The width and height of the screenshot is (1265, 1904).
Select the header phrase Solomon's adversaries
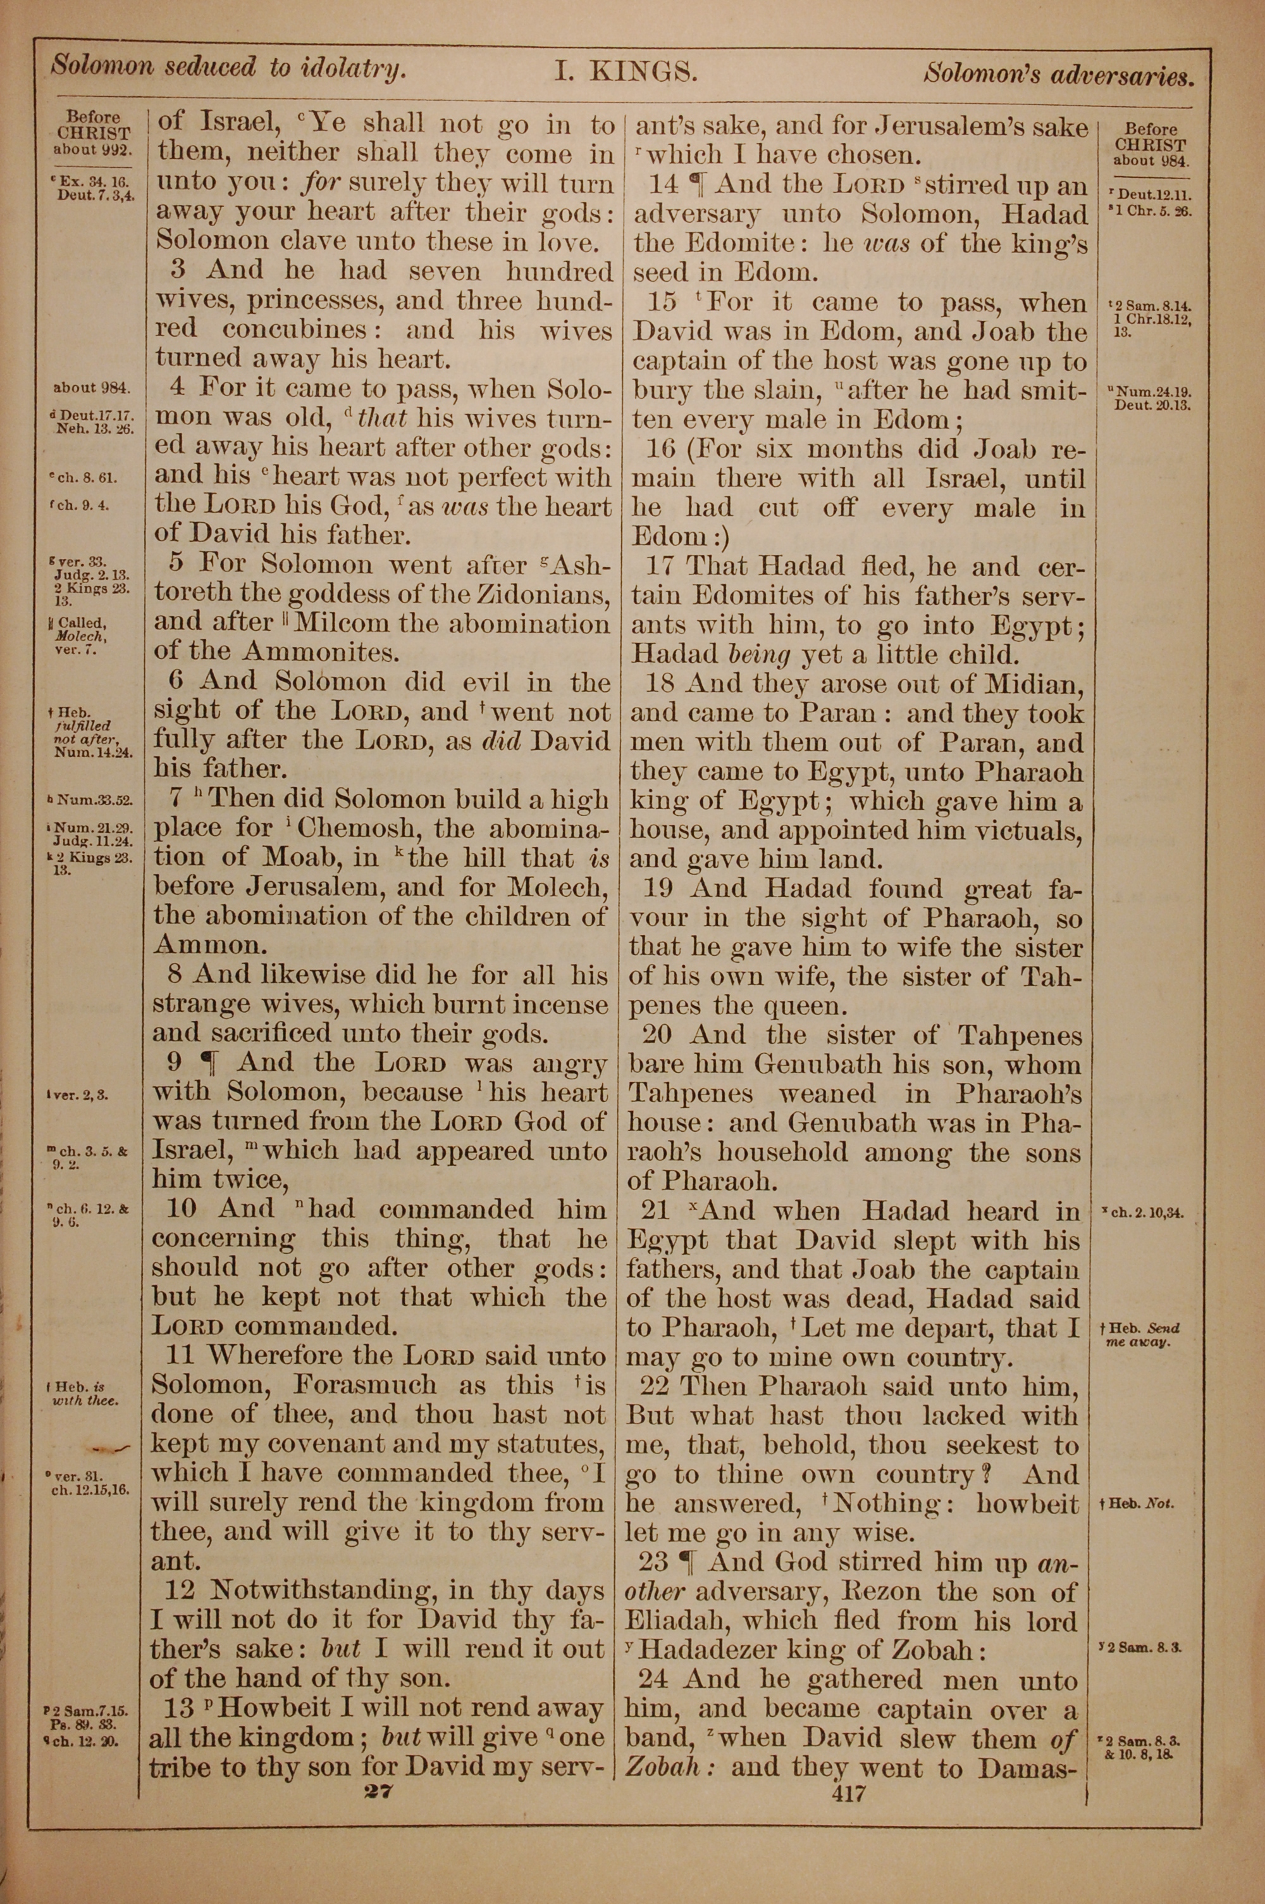tap(1058, 75)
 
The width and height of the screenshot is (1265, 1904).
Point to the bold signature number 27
tap(377, 1790)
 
